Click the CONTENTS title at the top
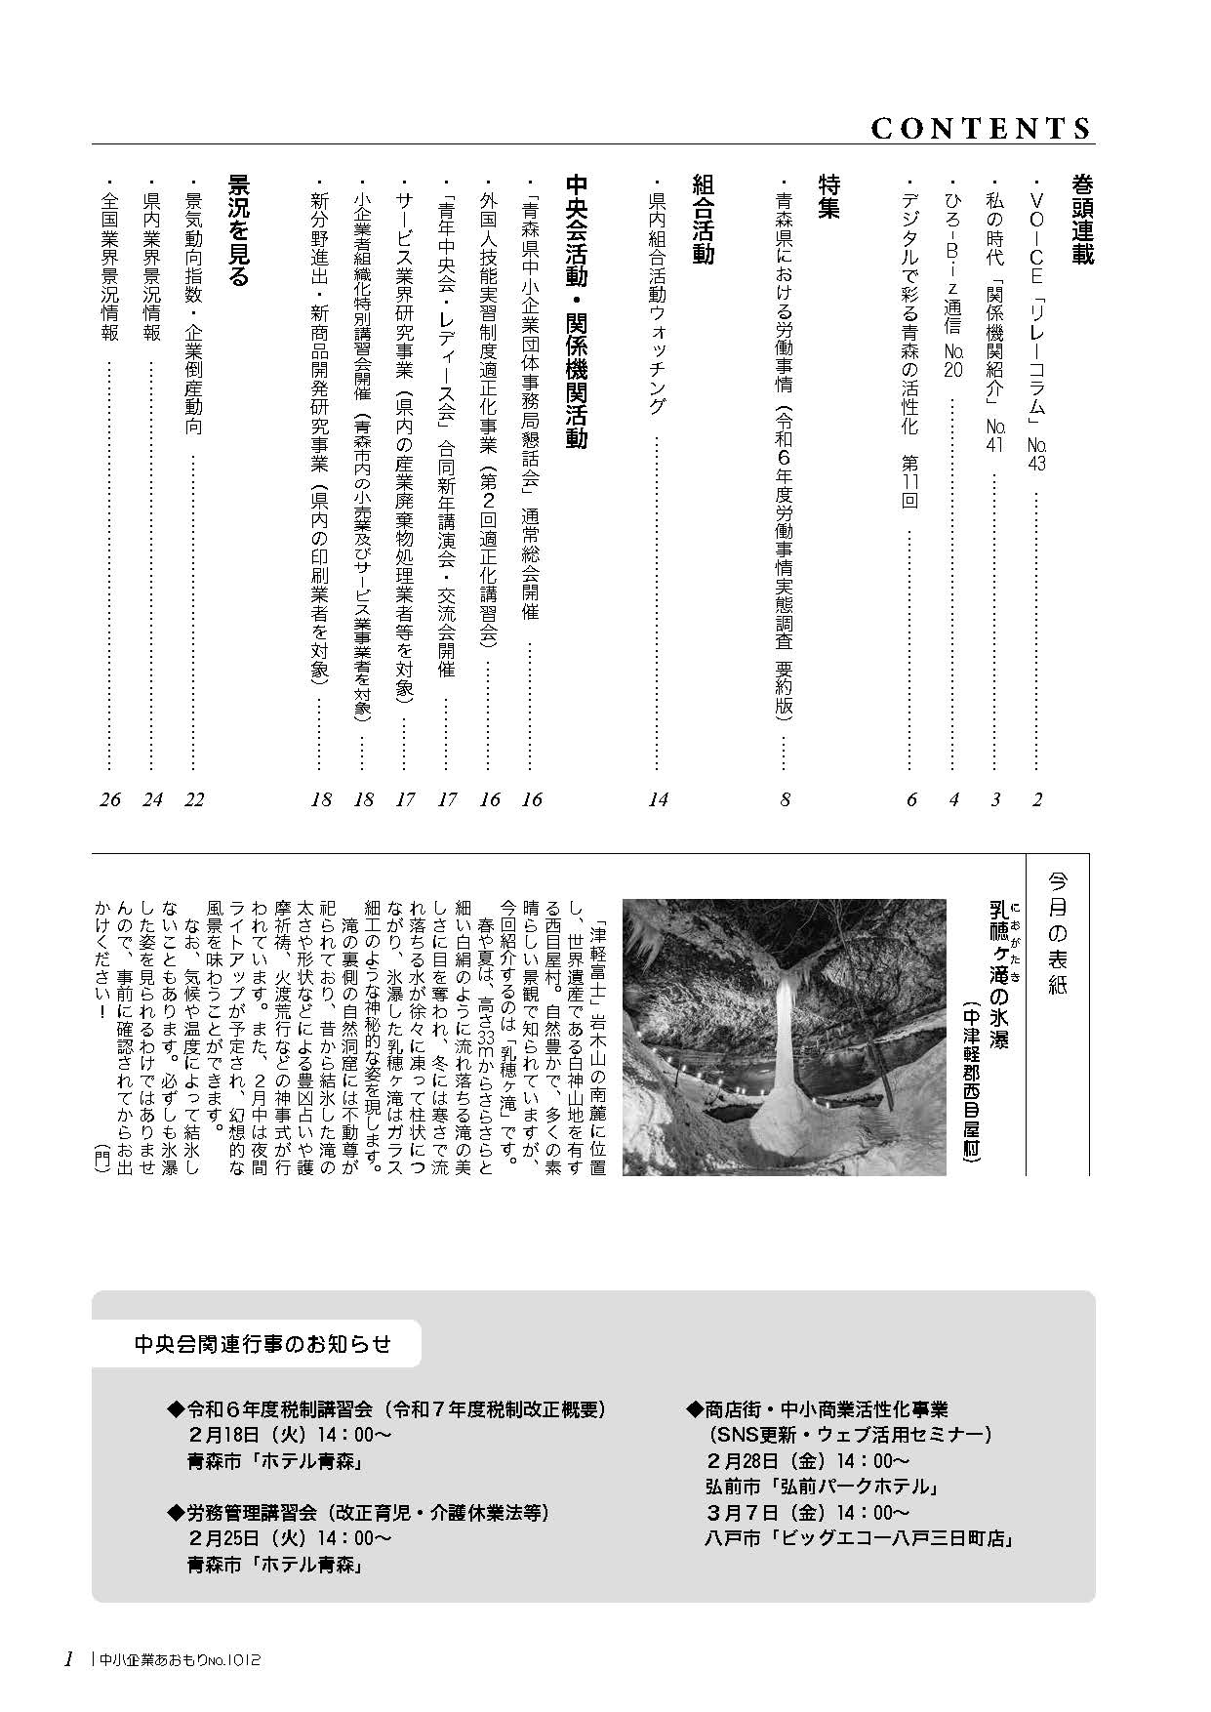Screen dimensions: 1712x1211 coord(980,129)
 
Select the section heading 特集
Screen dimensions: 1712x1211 coord(829,197)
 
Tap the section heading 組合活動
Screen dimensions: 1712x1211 coord(703,219)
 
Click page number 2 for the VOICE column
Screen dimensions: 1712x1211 coord(1037,800)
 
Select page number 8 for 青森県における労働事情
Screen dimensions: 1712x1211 coord(785,800)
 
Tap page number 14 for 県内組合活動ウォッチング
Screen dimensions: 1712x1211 coord(659,800)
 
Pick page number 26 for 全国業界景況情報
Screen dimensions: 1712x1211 coord(110,800)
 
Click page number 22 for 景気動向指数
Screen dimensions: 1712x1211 coord(194,800)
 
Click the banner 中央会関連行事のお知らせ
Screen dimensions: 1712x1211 coord(262,1344)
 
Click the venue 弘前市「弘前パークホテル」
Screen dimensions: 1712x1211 coord(822,1487)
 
